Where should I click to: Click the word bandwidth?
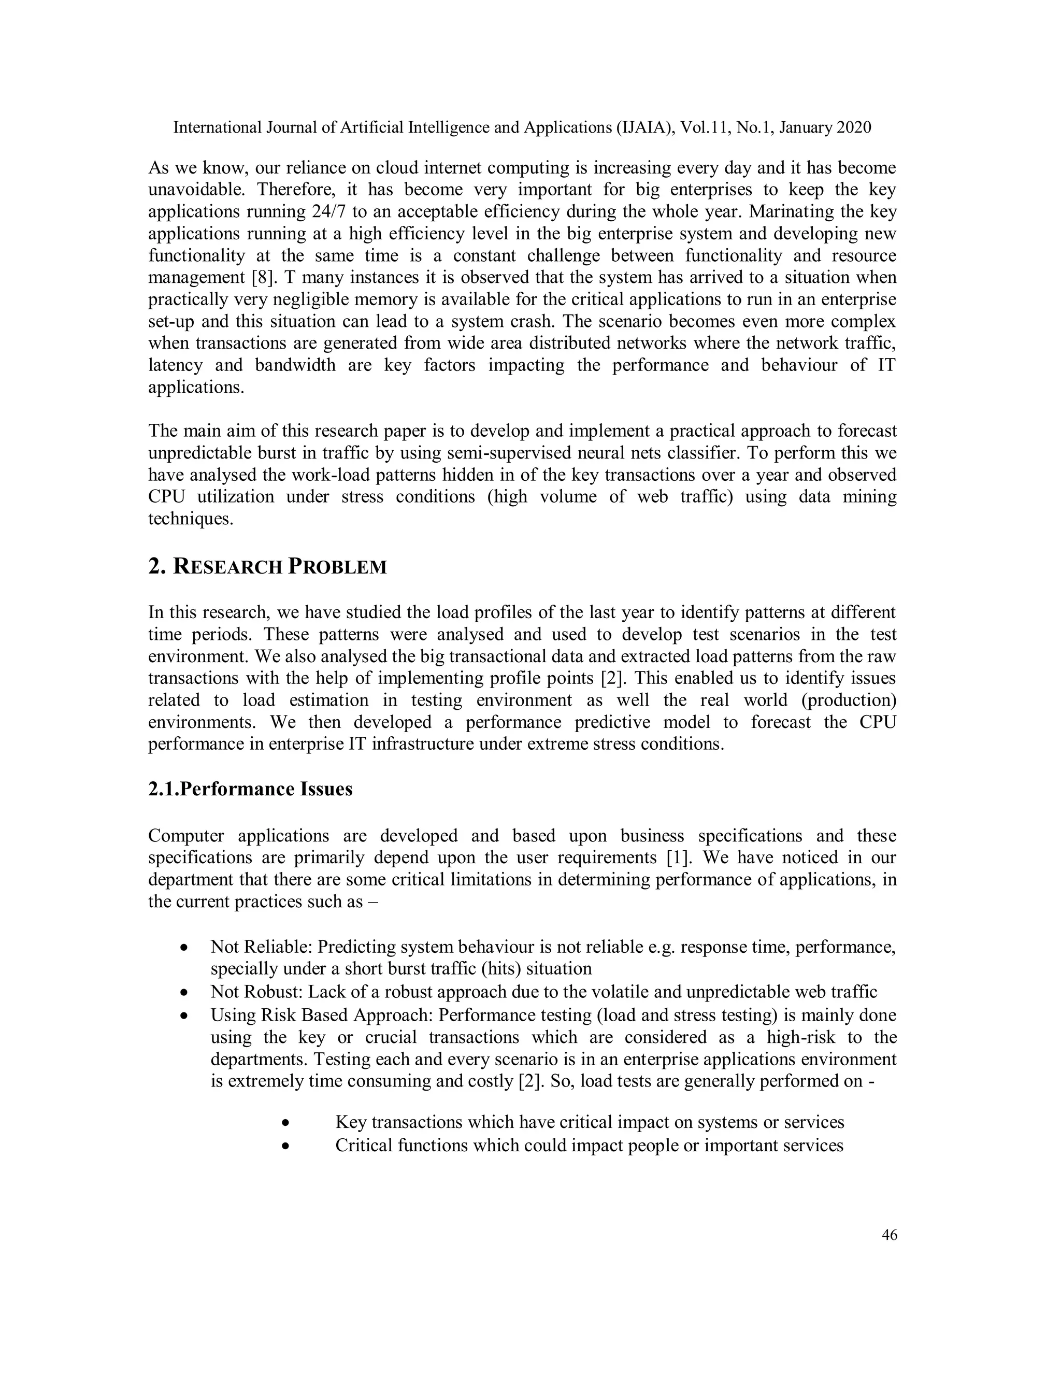point(295,365)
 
